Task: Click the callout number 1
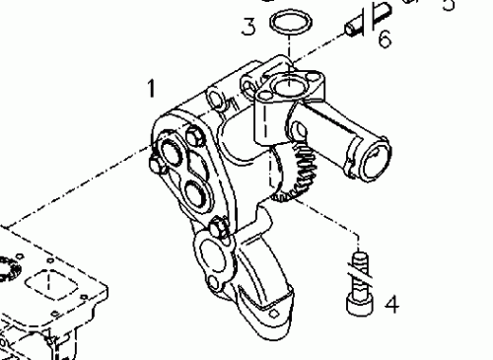tap(152, 89)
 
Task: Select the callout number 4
tap(391, 304)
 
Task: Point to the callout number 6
tap(385, 39)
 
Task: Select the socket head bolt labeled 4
tap(359, 302)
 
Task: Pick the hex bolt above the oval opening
tap(219, 228)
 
